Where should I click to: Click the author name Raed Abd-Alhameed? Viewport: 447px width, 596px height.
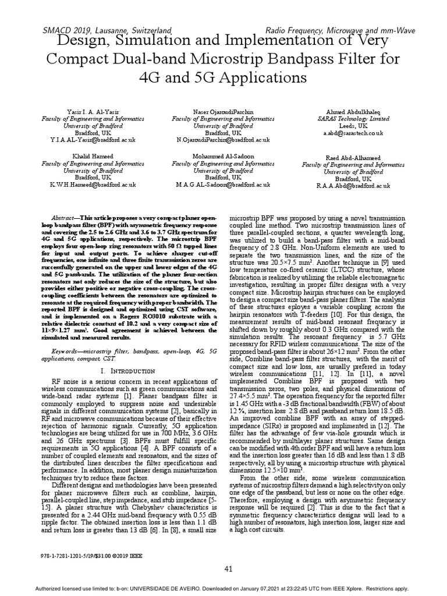[x=354, y=158]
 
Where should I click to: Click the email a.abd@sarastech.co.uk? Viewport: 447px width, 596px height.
[x=354, y=133]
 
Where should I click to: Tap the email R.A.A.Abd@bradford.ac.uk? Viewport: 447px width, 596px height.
[x=354, y=186]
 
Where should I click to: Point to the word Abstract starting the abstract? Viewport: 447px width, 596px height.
[x=59, y=216]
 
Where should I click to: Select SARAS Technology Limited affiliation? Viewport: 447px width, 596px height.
[x=354, y=118]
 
